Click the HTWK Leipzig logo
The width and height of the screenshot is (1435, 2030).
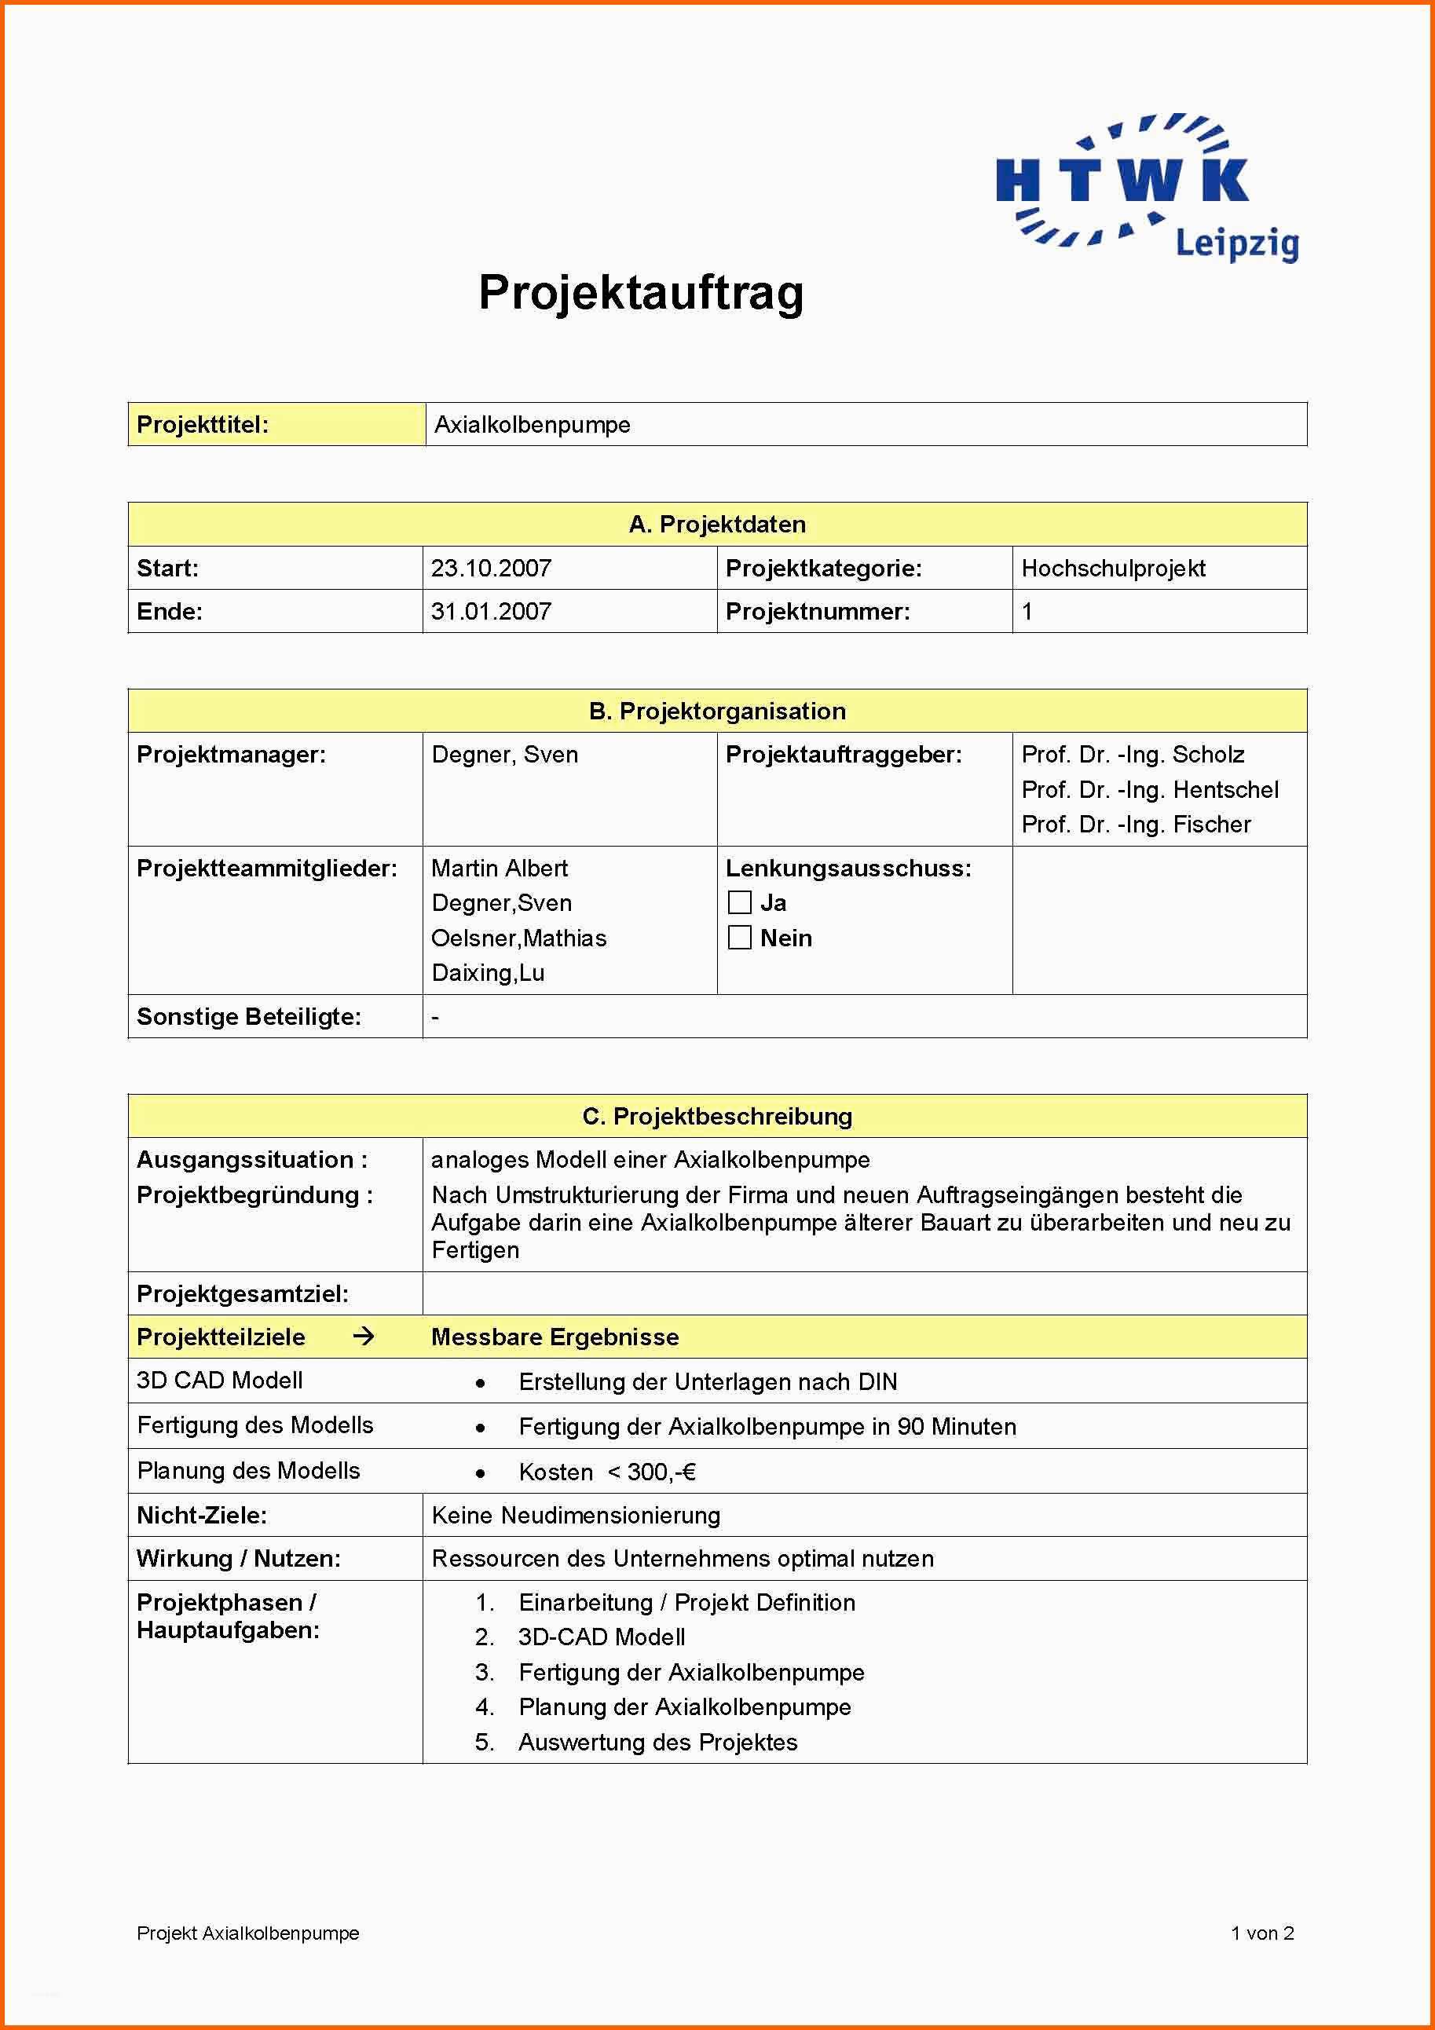click(1147, 188)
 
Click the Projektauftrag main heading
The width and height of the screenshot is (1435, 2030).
click(641, 292)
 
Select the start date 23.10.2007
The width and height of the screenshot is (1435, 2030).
click(492, 568)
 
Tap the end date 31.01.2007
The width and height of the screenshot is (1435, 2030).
click(492, 611)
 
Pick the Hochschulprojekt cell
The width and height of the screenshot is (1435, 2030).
click(1113, 568)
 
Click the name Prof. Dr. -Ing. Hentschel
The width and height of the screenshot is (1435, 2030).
click(1149, 789)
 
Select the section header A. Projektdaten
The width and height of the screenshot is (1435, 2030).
click(717, 525)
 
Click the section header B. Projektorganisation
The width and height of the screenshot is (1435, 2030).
click(717, 711)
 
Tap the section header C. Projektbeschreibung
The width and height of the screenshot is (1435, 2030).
click(717, 1116)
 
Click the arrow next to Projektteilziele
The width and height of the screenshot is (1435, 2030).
click(364, 1336)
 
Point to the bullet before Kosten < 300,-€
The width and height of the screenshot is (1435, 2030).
click(480, 1473)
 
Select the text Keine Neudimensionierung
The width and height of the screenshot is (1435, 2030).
click(576, 1516)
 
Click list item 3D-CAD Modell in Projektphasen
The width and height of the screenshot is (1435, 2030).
click(601, 1637)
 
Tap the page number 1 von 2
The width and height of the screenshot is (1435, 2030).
click(1261, 1933)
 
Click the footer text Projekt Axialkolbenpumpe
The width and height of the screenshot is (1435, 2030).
click(247, 1933)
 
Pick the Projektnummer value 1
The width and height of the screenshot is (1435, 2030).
click(1027, 611)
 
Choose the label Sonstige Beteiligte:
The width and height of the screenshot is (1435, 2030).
click(248, 1016)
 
